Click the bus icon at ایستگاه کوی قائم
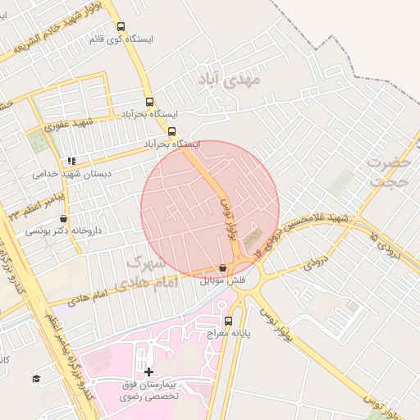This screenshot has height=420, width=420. [121, 26]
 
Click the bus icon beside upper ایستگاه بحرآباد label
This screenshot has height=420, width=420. [148, 103]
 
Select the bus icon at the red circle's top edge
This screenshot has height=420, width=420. [171, 131]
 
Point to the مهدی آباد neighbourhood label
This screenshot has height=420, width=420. [229, 80]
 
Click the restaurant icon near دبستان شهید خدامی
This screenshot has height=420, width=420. [71, 161]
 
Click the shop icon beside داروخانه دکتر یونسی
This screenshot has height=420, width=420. [64, 219]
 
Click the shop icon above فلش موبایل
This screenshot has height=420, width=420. [222, 267]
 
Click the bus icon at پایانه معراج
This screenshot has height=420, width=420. [228, 322]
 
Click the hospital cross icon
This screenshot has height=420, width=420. [148, 372]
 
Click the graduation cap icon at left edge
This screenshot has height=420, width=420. [36, 377]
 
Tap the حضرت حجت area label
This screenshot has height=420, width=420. [389, 170]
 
